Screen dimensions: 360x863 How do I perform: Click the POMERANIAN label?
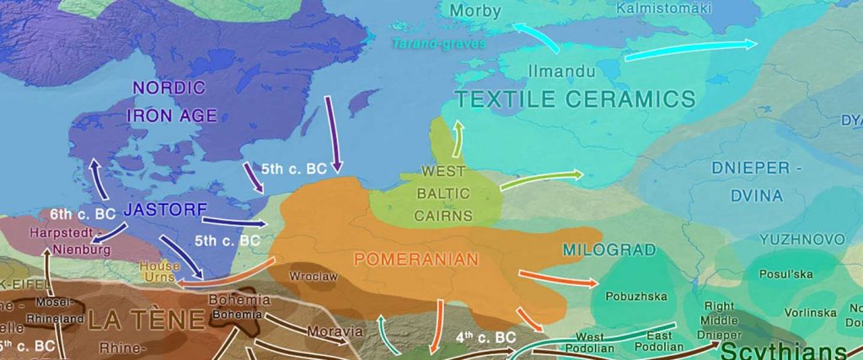tap(416, 259)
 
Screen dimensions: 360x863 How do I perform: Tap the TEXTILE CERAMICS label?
tap(576, 99)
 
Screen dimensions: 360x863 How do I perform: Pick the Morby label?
tap(475, 11)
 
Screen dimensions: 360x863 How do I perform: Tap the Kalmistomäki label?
tap(664, 8)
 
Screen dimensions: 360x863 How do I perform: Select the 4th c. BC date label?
tap(485, 336)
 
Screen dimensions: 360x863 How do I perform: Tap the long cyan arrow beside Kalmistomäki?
tap(690, 50)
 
